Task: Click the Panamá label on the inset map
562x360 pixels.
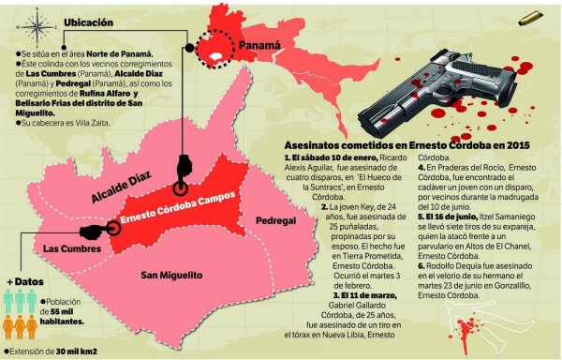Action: (x=259, y=44)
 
